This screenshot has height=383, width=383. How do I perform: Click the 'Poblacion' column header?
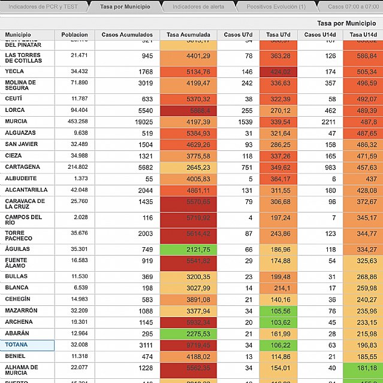(x=74, y=35)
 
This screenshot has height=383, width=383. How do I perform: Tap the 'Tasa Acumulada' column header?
(x=188, y=35)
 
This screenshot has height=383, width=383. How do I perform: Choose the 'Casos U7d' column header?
(x=237, y=35)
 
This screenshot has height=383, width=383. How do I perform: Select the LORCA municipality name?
(x=15, y=110)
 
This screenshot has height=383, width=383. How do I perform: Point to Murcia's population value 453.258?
(x=76, y=121)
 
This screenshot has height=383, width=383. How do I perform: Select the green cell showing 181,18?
(x=363, y=367)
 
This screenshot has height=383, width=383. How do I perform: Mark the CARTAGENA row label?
(x=23, y=167)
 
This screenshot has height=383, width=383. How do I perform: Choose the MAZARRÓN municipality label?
(x=22, y=311)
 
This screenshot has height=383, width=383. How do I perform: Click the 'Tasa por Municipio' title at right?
(x=342, y=23)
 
